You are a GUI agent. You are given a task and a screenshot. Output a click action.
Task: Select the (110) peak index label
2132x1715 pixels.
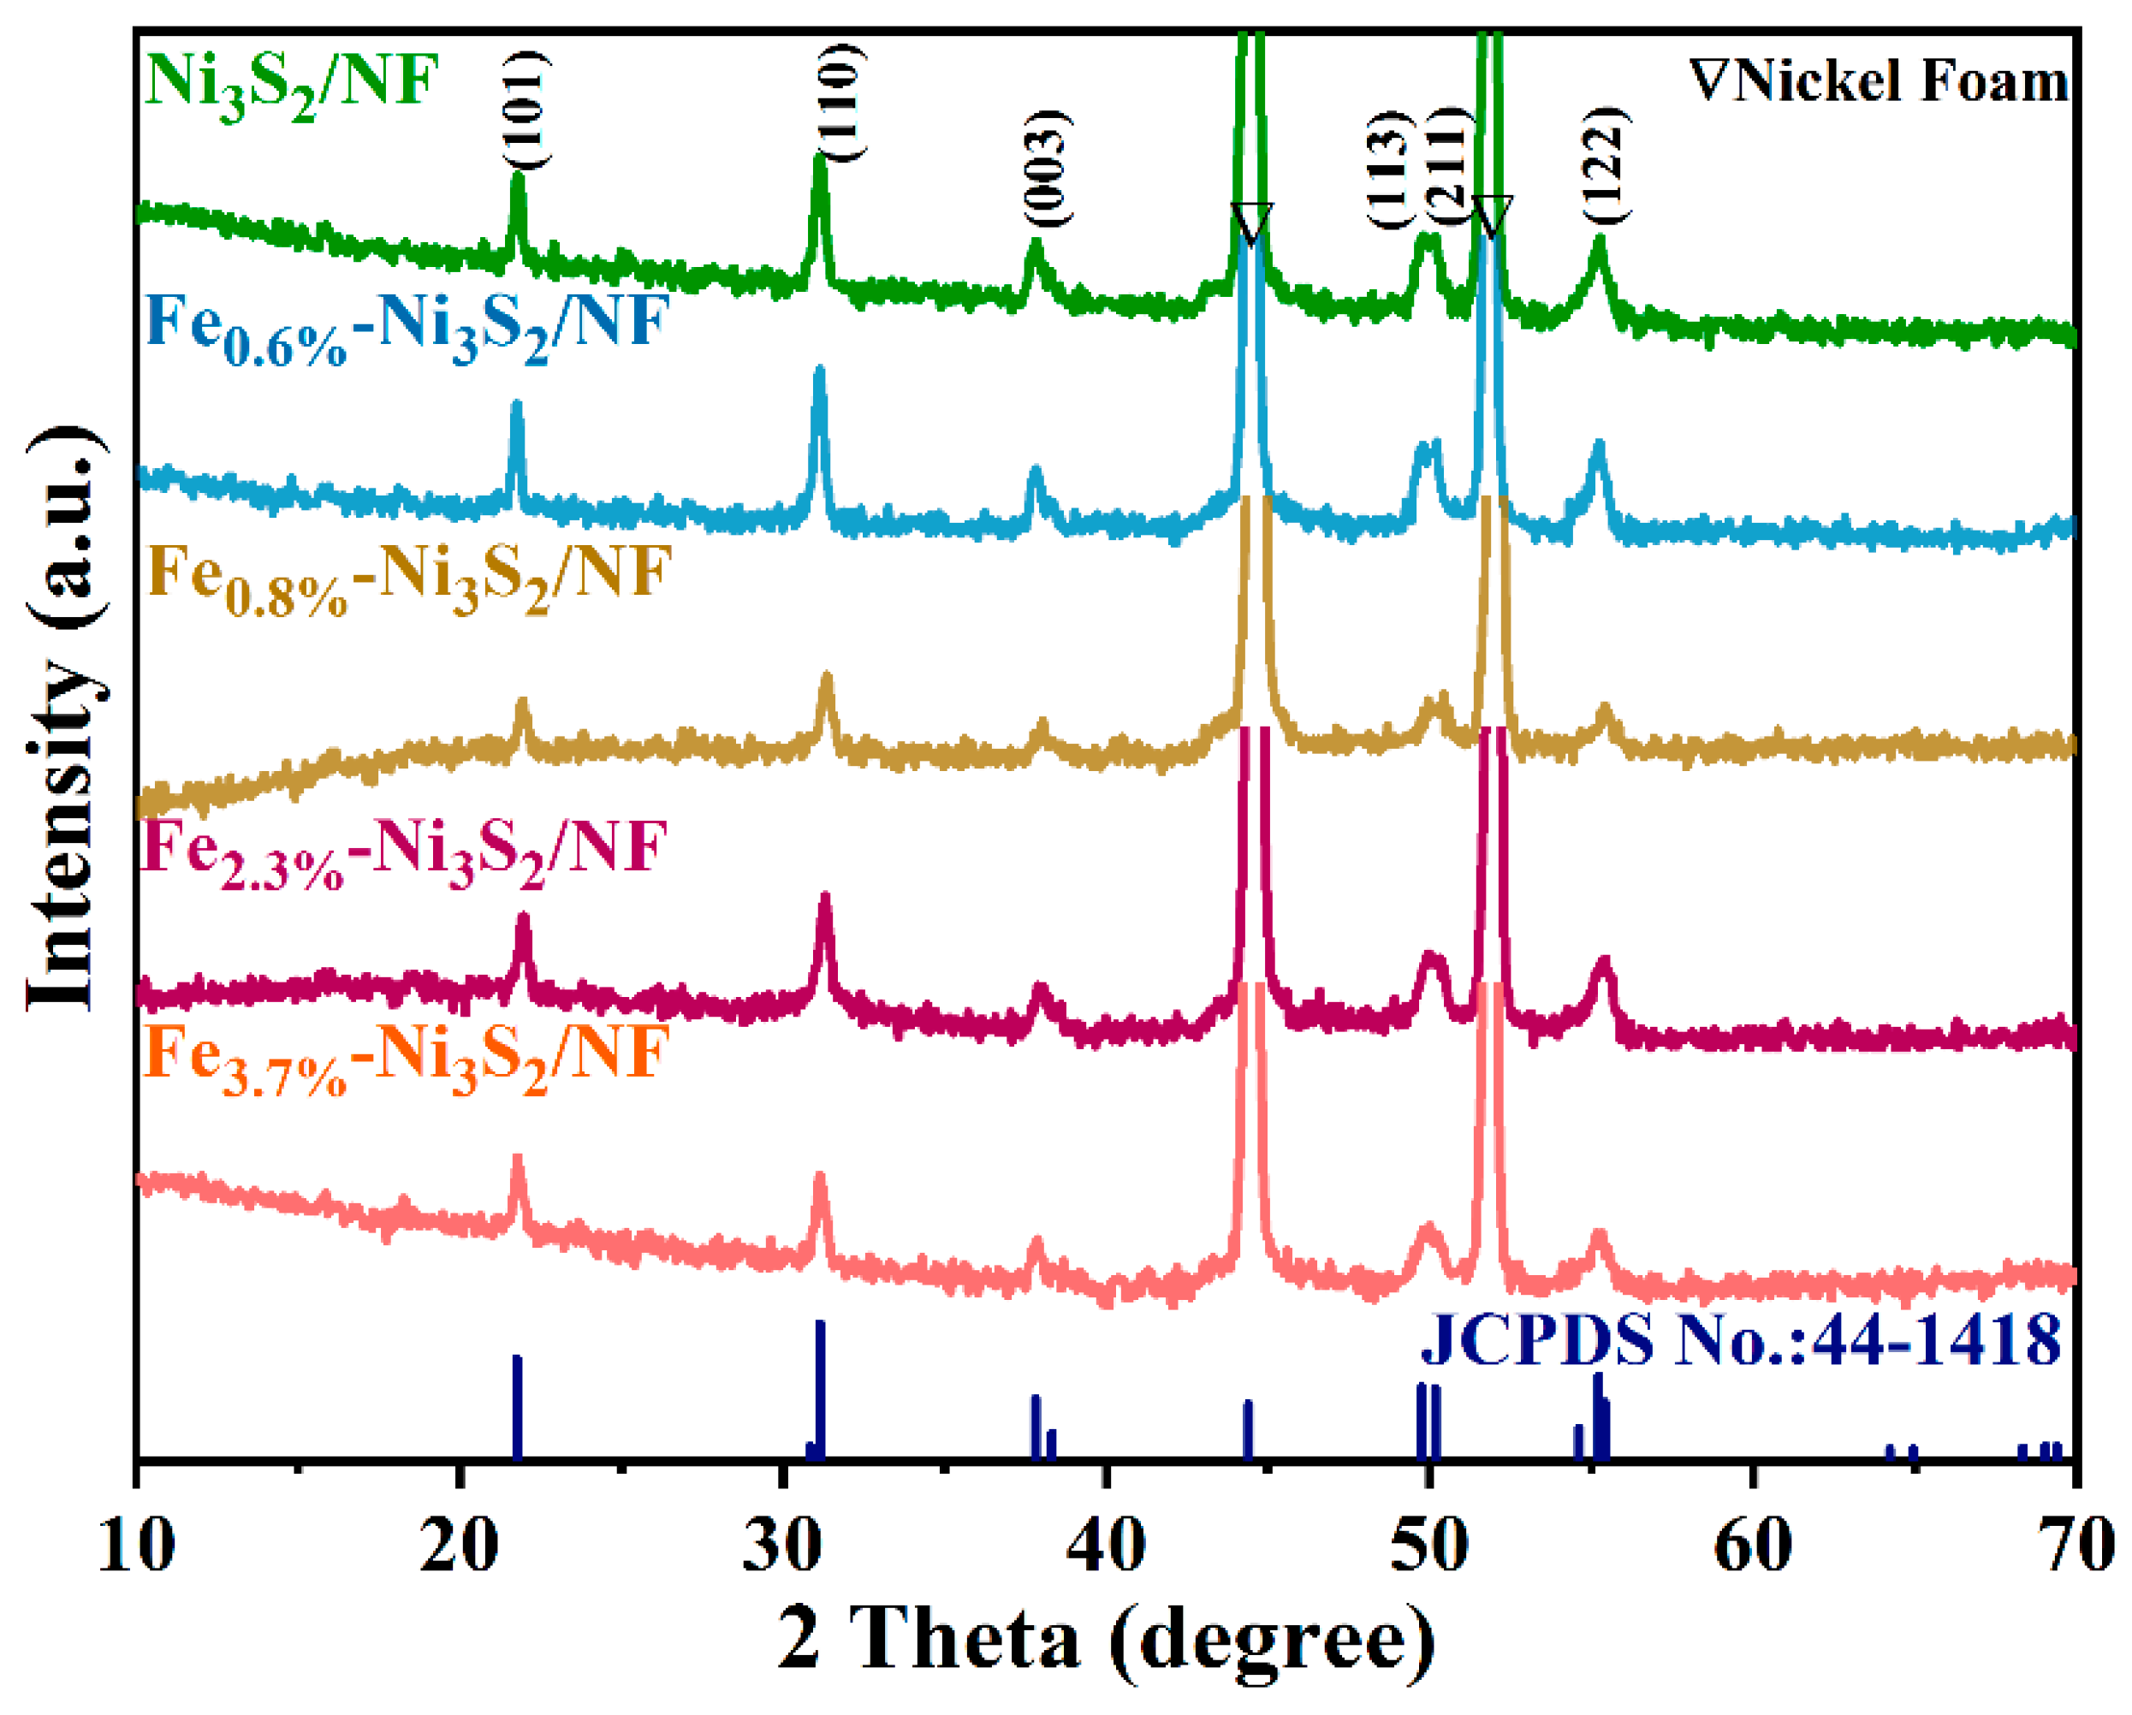tap(841, 102)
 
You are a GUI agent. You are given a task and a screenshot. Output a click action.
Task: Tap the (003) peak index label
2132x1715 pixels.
tap(1046, 168)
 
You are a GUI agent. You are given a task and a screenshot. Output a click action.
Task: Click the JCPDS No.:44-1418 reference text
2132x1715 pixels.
tap(1740, 1342)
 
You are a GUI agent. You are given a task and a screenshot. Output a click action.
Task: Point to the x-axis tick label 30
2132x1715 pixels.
tap(781, 1546)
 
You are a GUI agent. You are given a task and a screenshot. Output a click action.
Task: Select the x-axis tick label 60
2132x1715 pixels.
tap(1752, 1546)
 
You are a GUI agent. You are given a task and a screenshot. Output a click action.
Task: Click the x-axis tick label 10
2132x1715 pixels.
tap(136, 1546)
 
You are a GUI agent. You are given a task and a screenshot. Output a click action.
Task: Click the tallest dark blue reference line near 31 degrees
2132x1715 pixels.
tap(820, 1390)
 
